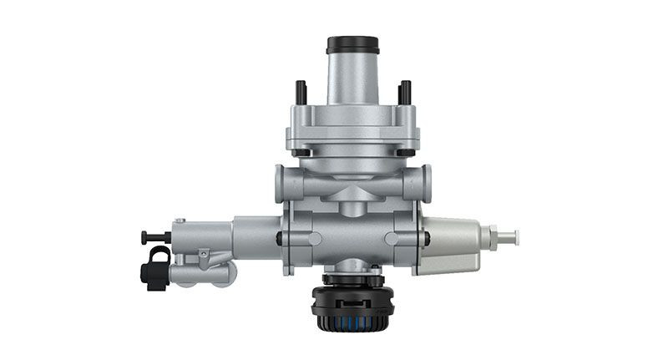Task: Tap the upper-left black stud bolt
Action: tap(300, 92)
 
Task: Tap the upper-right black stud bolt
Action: tap(405, 92)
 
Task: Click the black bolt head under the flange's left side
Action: tap(302, 153)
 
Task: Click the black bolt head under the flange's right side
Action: tap(404, 153)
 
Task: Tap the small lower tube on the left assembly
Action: tap(205, 273)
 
